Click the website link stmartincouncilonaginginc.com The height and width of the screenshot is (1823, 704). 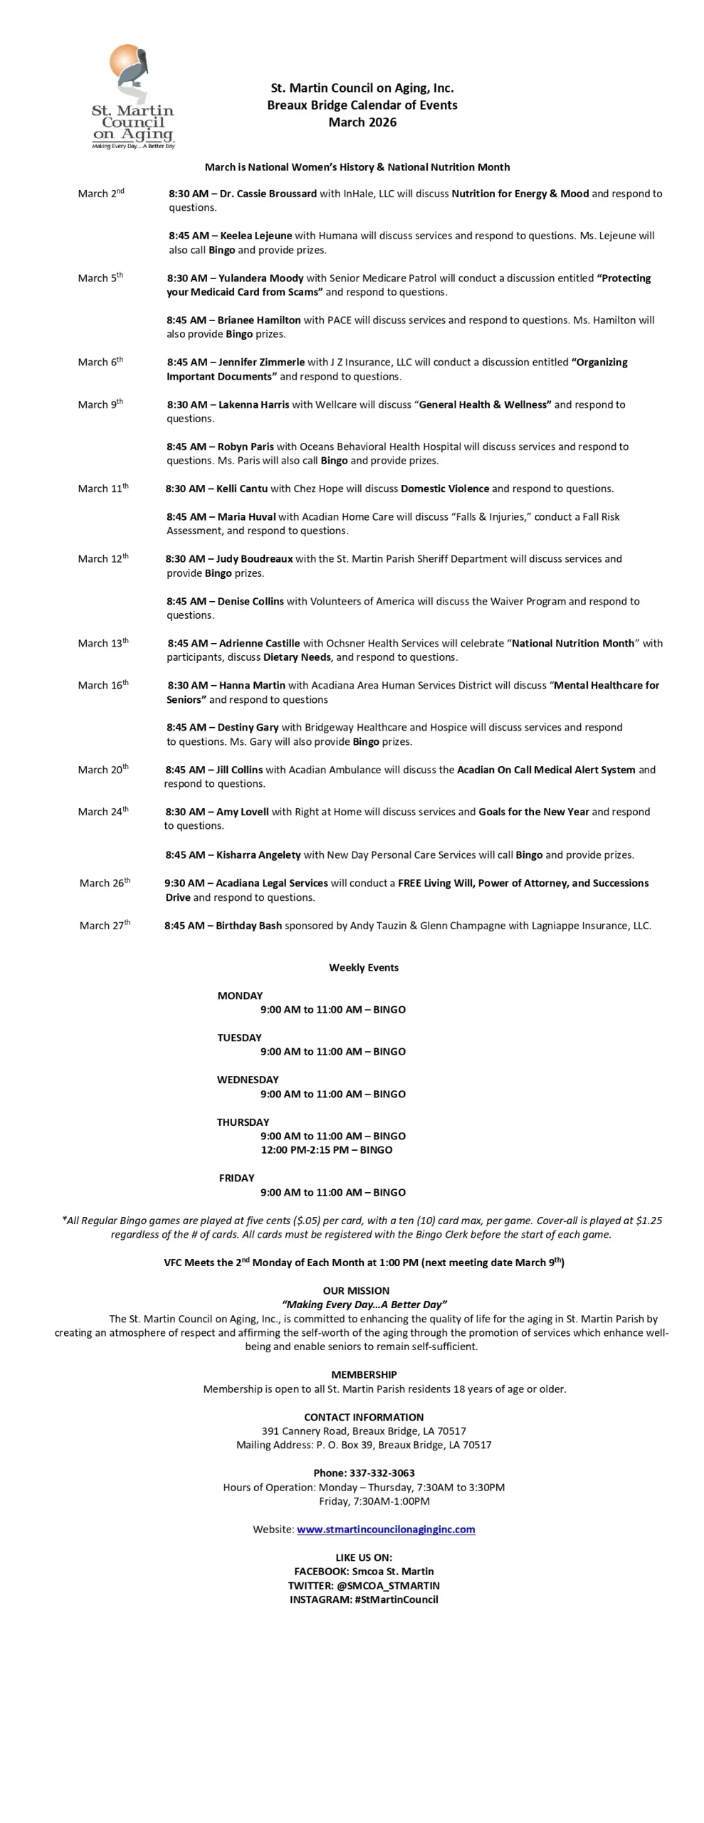click(x=385, y=1529)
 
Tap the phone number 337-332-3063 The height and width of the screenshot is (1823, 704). click(x=382, y=1473)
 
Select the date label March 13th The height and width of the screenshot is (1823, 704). click(x=103, y=643)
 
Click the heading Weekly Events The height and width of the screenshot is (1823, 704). click(x=363, y=967)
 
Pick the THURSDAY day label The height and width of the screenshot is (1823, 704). click(x=243, y=1122)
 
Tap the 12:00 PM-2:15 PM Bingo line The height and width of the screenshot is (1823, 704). click(x=326, y=1149)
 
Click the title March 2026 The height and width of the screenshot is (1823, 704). click(x=362, y=122)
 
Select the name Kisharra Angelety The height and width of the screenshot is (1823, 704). click(x=258, y=855)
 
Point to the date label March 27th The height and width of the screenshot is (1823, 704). click(x=105, y=925)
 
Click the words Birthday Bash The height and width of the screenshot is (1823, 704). click(x=248, y=925)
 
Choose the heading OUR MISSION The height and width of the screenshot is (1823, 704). click(x=356, y=1290)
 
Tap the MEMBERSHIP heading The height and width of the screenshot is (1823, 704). click(x=364, y=1374)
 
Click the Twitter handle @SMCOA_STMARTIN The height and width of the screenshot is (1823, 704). click(x=388, y=1585)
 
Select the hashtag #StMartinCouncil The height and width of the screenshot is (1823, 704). click(x=396, y=1599)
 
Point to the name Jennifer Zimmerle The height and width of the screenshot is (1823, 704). click(x=261, y=362)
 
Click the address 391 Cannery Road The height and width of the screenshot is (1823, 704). click(x=303, y=1431)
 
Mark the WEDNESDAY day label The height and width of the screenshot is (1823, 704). click(x=248, y=1080)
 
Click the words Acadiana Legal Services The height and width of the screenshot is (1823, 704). click(x=271, y=883)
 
